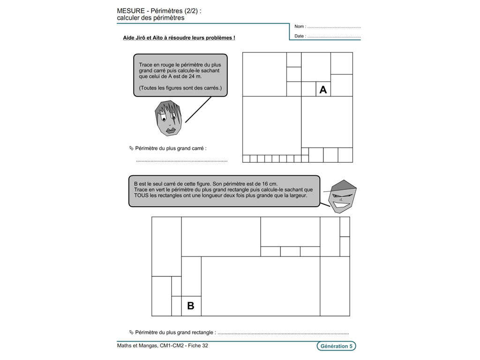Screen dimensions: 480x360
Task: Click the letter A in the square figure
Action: coord(323,90)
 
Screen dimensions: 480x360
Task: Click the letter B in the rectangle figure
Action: coord(190,306)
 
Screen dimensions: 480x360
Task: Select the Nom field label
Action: coord(300,27)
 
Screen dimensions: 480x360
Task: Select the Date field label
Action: coord(300,36)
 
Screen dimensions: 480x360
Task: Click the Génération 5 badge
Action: coord(336,346)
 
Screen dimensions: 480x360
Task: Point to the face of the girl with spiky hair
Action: coord(168,118)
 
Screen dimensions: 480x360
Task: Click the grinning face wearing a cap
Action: coord(342,196)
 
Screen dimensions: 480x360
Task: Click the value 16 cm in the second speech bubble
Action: coord(270,184)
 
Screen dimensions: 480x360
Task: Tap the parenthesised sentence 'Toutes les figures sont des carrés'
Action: coord(180,88)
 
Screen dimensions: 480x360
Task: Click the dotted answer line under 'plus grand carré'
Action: coord(182,161)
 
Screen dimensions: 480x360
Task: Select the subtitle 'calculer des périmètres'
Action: coord(150,18)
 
